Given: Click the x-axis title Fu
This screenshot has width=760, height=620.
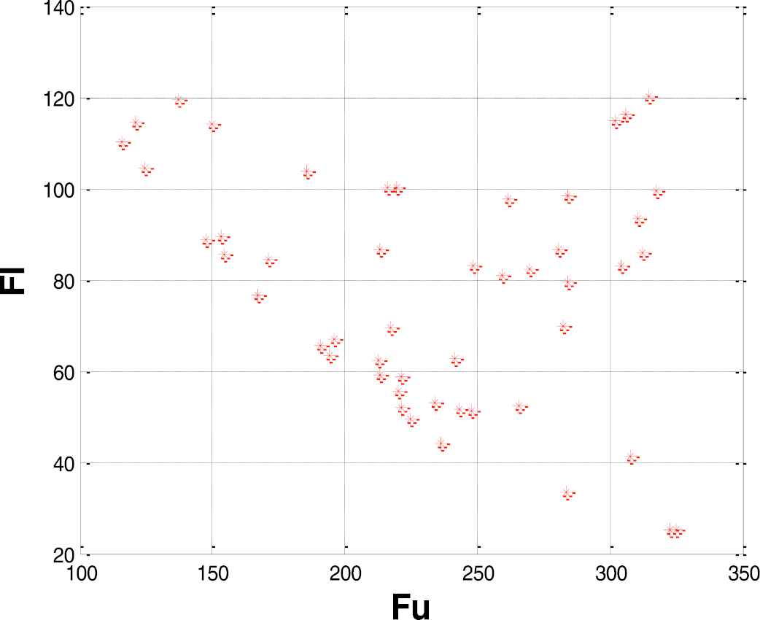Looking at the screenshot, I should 411,606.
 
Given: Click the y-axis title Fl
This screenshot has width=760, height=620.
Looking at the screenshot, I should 14,281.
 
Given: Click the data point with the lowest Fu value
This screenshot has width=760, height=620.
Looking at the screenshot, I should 121,142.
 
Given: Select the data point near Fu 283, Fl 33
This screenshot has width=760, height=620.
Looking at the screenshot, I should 567,493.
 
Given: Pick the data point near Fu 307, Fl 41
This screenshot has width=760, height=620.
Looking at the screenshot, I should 631,457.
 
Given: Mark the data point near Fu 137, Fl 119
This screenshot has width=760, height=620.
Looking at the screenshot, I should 178,100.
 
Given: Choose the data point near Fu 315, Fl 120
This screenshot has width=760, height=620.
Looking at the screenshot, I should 649,96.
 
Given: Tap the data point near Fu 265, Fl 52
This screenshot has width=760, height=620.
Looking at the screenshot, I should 519,406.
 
